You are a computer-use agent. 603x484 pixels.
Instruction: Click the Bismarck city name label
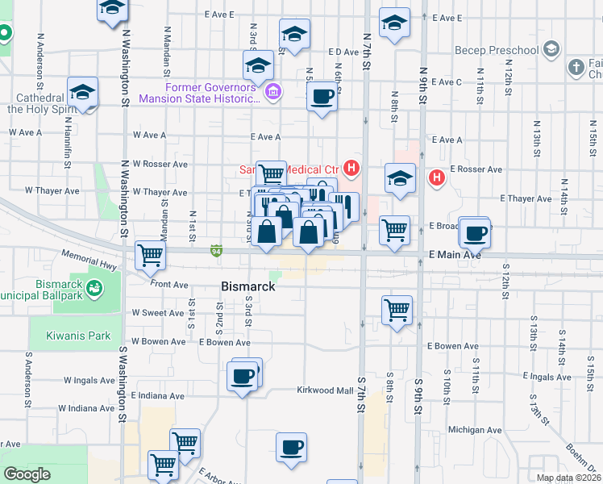pyautogui.click(x=248, y=286)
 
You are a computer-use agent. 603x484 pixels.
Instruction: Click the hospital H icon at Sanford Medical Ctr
pyautogui.click(x=351, y=169)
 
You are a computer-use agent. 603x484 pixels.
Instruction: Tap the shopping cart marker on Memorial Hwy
pyautogui.click(x=151, y=255)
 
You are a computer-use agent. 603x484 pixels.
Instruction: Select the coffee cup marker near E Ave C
pyautogui.click(x=322, y=97)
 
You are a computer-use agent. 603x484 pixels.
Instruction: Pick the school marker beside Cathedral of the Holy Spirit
pyautogui.click(x=83, y=94)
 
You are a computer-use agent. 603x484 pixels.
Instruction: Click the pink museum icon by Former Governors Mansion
pyautogui.click(x=273, y=91)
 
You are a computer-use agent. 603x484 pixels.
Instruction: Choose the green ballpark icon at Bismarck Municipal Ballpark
pyautogui.click(x=94, y=287)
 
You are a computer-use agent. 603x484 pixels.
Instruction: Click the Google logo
pyautogui.click(x=27, y=474)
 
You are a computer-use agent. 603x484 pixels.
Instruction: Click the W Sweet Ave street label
pyautogui.click(x=159, y=312)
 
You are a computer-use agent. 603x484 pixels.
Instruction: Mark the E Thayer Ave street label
pyautogui.click(x=526, y=198)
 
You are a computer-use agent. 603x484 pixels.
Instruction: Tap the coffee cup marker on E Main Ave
pyautogui.click(x=475, y=232)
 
